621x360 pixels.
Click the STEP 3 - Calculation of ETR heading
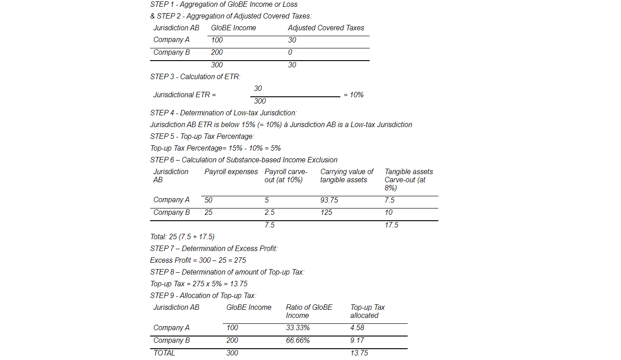click(x=195, y=77)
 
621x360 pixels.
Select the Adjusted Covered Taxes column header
click(x=326, y=28)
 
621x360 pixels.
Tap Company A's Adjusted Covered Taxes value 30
click(x=292, y=40)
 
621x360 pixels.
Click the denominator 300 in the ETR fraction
click(x=260, y=101)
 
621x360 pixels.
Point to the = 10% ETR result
click(x=353, y=95)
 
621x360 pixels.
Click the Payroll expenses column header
click(x=231, y=172)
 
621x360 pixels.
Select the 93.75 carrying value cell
click(x=329, y=200)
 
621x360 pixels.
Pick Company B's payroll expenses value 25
click(x=208, y=213)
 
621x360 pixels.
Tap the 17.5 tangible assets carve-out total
click(x=391, y=225)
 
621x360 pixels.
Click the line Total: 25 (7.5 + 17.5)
click(x=182, y=237)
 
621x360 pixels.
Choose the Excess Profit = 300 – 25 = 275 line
click(x=198, y=261)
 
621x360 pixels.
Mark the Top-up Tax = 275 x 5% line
click(x=198, y=284)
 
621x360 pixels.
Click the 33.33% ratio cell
click(x=298, y=328)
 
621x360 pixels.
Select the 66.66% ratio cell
click(x=298, y=341)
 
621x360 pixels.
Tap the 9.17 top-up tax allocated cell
click(x=357, y=341)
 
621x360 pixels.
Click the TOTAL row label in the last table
click(x=164, y=353)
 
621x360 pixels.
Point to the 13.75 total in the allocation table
click(x=359, y=353)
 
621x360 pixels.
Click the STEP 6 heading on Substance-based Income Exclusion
click(x=244, y=160)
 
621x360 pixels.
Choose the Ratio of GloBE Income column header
click(x=309, y=312)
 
